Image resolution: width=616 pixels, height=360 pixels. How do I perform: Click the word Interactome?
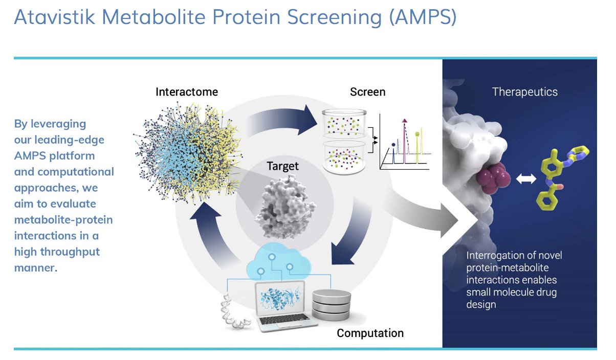coord(187,92)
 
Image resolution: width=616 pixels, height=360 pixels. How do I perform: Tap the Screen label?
coord(367,92)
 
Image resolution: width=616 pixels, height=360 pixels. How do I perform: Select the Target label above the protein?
coord(282,166)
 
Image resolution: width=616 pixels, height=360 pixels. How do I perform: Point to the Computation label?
coord(370,333)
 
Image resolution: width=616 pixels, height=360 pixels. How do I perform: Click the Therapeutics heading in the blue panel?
coord(525,92)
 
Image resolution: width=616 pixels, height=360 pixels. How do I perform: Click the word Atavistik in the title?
coord(54,17)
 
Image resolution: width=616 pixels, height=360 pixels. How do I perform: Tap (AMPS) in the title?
coord(423,17)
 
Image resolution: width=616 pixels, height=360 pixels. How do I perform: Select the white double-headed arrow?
coord(526,179)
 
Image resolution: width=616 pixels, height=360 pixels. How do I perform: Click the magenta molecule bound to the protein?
coord(494,178)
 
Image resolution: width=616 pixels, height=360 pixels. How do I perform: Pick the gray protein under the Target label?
coord(285,207)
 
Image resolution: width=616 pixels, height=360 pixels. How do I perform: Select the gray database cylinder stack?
coord(332,305)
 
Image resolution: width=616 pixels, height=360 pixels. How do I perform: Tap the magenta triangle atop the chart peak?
coord(404,120)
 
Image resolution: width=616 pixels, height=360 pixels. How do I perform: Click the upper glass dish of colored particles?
coord(344,123)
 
